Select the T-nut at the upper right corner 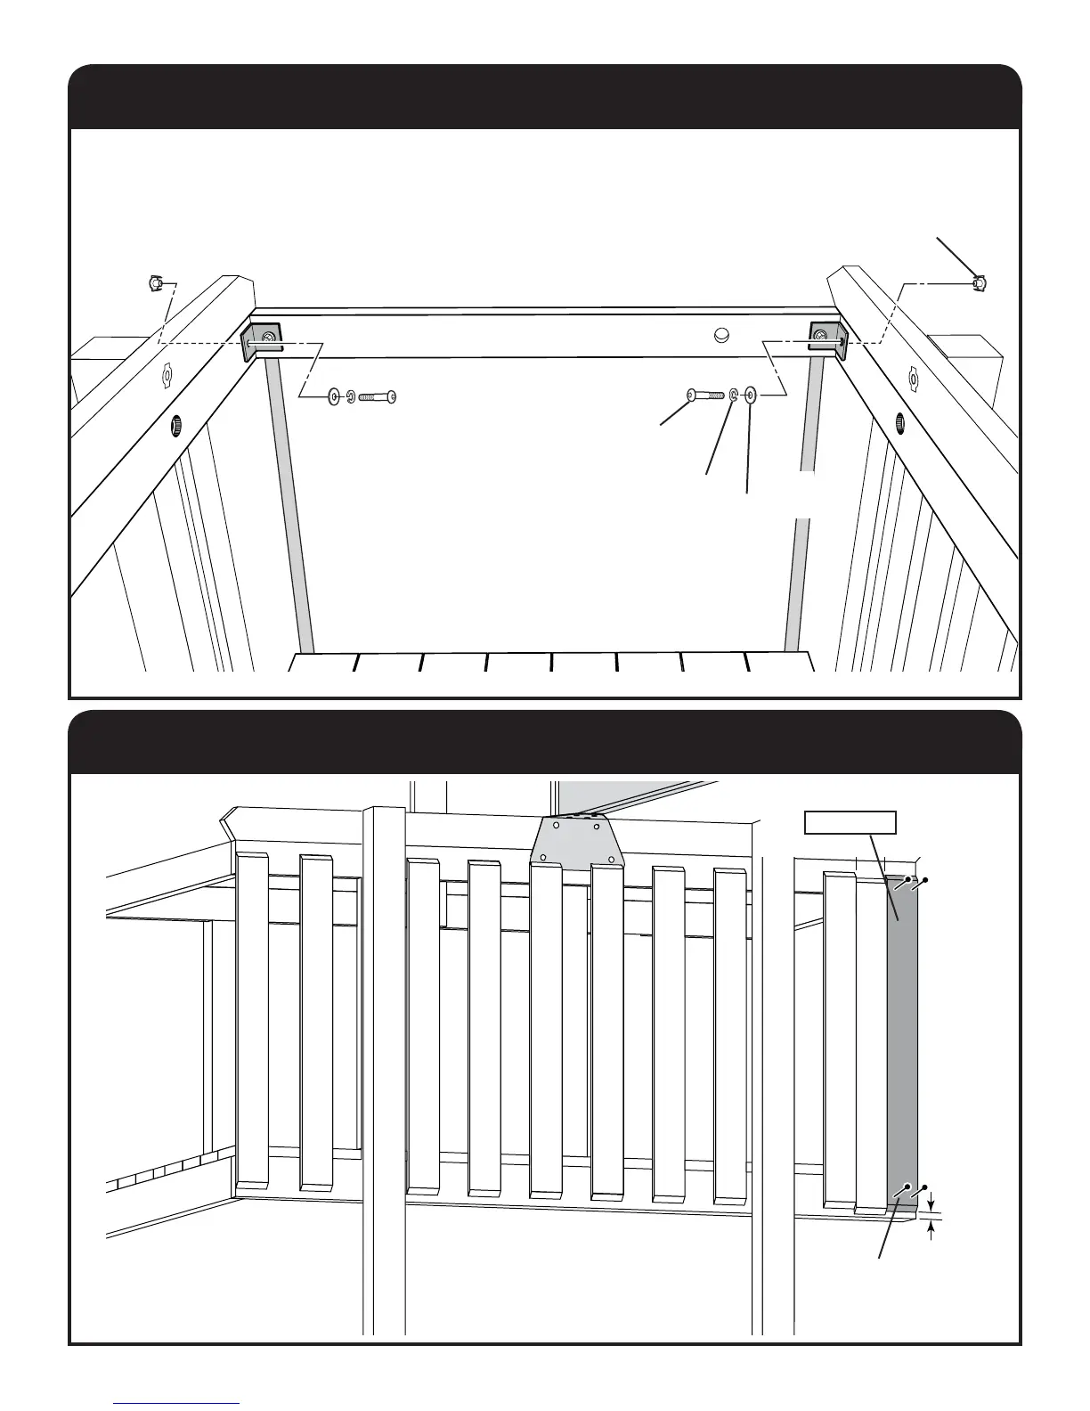tap(980, 283)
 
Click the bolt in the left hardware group tap(378, 396)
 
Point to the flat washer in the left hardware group tap(334, 396)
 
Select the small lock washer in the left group tap(351, 396)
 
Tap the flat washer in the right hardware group tap(751, 394)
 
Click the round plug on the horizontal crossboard tap(722, 336)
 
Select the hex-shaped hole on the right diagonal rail tap(913, 378)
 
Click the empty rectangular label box tap(850, 822)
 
